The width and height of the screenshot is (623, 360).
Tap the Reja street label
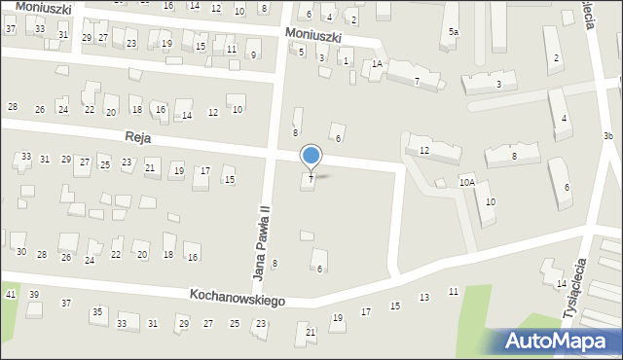click(136, 139)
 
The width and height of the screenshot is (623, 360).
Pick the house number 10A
click(467, 182)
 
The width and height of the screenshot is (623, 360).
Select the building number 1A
click(377, 65)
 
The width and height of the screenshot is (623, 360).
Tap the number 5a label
click(453, 33)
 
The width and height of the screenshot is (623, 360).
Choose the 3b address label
click(607, 135)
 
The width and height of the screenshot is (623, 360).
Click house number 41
click(11, 294)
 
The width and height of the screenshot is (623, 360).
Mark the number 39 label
click(34, 294)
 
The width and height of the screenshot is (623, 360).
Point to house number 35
click(97, 311)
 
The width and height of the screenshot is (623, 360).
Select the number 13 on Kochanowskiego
click(423, 297)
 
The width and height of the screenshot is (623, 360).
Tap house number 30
click(20, 252)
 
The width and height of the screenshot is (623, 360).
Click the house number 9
click(253, 55)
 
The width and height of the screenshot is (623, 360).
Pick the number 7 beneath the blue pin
click(311, 179)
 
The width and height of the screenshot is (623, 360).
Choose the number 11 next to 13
click(454, 291)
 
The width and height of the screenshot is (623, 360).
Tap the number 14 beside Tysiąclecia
click(561, 283)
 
